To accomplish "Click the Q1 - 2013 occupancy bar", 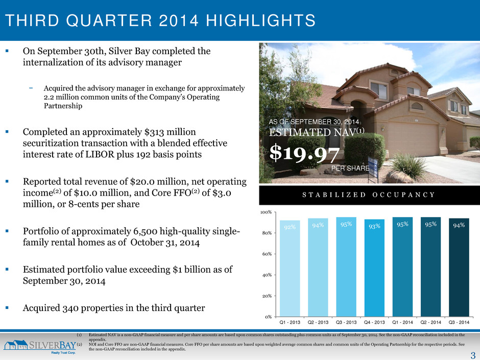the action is coord(290,269).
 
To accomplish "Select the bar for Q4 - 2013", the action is coord(374,268).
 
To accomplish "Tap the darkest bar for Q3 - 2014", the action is coord(459,267).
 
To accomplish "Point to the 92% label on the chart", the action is coord(290,227).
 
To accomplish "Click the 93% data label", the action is coord(374,226).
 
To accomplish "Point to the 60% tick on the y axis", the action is coord(267,254).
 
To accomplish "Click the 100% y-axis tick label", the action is coord(266,212).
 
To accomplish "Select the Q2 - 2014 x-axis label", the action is coord(430,322).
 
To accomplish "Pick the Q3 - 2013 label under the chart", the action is coord(346,322).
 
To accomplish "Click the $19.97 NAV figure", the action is coord(304,153).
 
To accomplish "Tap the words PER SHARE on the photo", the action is coord(350,168).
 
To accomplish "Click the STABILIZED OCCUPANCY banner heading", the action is coord(369,195).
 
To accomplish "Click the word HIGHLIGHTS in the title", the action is coord(260,20).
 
